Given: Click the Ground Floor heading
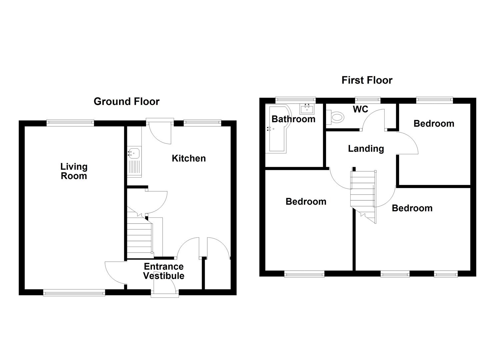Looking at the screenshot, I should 126,101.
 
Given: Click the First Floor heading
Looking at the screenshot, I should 367,80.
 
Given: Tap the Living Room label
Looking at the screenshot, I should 74,171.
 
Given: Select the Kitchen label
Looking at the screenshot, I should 189,158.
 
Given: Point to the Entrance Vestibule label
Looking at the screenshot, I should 163,271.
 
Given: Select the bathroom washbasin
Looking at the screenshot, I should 306,109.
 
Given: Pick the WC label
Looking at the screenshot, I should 360,109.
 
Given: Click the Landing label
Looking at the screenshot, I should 366,149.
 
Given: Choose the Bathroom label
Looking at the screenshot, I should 293,119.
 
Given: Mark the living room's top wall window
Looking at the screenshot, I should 70,123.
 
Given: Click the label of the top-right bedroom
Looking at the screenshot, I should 434,124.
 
